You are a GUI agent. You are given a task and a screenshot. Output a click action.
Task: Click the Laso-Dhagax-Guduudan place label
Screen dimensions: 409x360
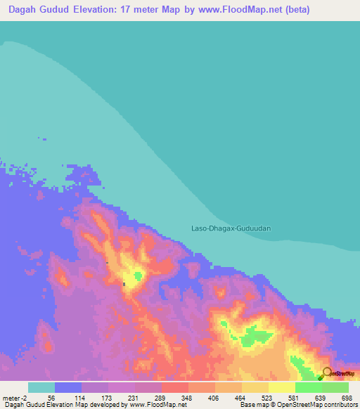[231, 228]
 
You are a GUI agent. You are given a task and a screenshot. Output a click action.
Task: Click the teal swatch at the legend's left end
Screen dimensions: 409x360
[41, 387]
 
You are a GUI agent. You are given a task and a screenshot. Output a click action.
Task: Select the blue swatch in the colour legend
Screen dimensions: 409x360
[67, 387]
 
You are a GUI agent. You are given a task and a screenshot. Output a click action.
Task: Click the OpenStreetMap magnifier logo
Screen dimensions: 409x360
[327, 372]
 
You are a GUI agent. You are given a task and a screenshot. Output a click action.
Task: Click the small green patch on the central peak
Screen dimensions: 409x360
[139, 275]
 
